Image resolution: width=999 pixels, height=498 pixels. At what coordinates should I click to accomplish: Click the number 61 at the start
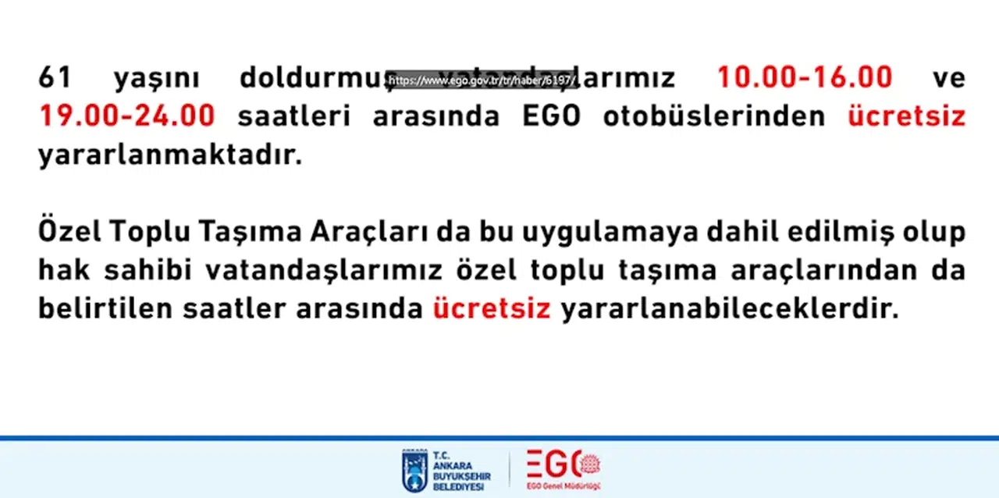pyautogui.click(x=55, y=78)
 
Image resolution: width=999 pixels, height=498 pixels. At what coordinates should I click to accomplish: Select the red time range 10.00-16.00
pyautogui.click(x=805, y=78)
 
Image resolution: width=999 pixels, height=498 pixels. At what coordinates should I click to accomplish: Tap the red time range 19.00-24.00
pyautogui.click(x=126, y=116)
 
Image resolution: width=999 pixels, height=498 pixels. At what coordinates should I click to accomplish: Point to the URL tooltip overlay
pyautogui.click(x=482, y=80)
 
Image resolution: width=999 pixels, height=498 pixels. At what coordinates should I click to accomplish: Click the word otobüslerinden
pyautogui.click(x=713, y=116)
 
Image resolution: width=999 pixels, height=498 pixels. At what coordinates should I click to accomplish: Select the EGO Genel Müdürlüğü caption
pyautogui.click(x=563, y=488)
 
